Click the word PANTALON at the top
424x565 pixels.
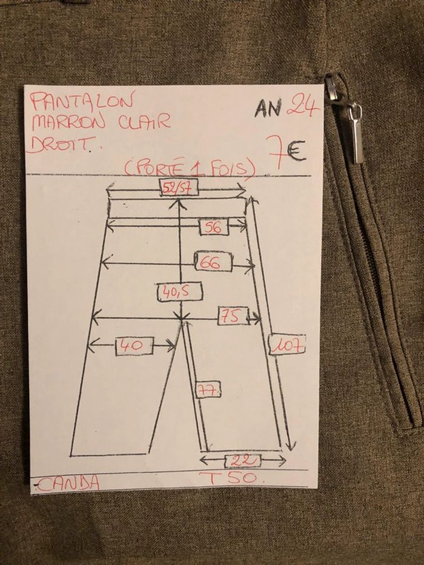click(x=83, y=101)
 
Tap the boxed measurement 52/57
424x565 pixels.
click(x=176, y=188)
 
